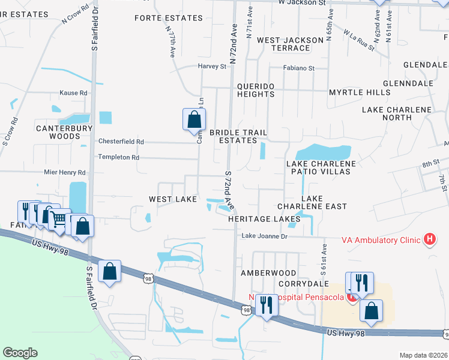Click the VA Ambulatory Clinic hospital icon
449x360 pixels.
pos(430,239)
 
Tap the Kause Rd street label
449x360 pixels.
pos(73,93)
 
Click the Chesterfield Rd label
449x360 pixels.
pos(121,142)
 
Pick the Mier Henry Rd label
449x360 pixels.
pos(65,172)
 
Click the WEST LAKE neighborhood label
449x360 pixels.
pos(173,199)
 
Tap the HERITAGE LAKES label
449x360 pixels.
pos(264,219)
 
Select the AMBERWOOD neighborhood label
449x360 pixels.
pos(268,272)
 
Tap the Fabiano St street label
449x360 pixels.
pos(300,68)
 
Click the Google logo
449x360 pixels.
pos(20,353)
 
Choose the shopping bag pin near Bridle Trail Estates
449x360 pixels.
pos(194,119)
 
